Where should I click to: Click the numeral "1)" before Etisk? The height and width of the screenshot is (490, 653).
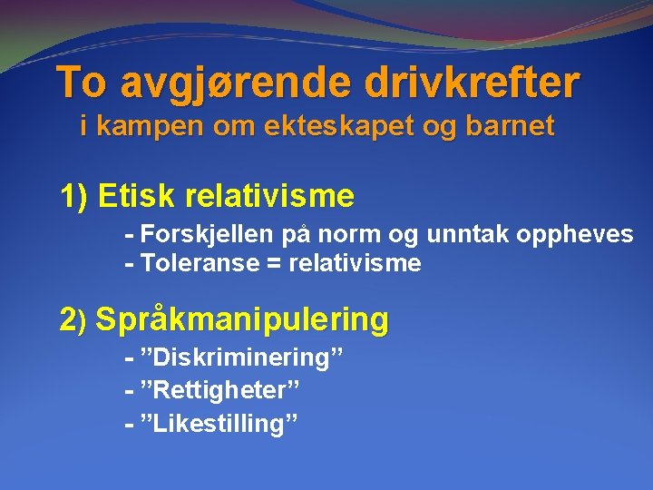pos(73,195)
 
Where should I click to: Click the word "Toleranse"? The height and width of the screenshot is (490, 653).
pos(192,264)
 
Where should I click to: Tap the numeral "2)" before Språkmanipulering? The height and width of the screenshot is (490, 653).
pos(73,319)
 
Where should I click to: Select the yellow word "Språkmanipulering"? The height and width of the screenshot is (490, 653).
pos(242,319)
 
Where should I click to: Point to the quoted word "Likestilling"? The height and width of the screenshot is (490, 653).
pos(219,423)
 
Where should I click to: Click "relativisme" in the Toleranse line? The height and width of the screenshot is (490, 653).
pos(354,264)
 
